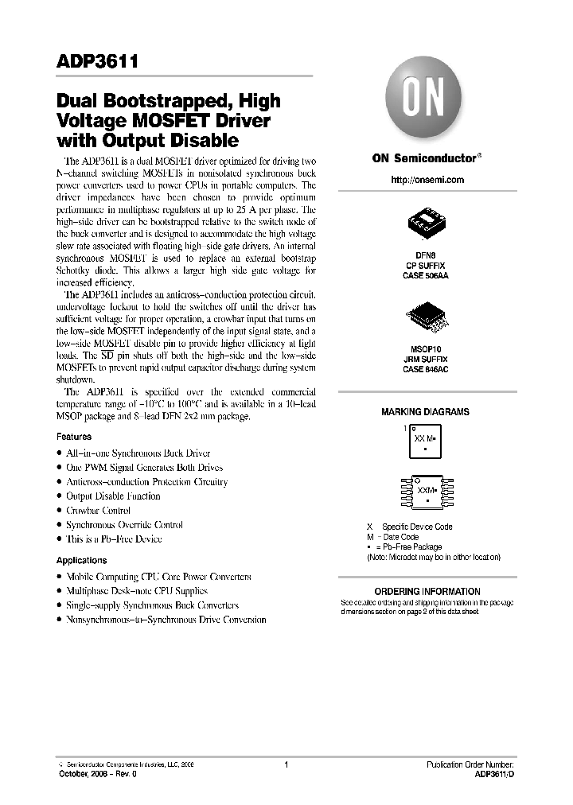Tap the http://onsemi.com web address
pyautogui.click(x=427, y=180)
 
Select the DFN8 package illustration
pyautogui.click(x=427, y=224)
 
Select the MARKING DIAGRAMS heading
pyautogui.click(x=425, y=412)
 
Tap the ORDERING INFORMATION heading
pyautogui.click(x=427, y=592)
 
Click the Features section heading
pyautogui.click(x=74, y=437)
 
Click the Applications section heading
pyautogui.click(x=81, y=561)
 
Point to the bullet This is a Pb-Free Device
pyautogui.click(x=114, y=539)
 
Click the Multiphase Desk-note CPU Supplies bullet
pyautogui.click(x=136, y=591)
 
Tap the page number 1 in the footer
pyautogui.click(x=286, y=764)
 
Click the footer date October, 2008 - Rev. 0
pyautogui.click(x=92, y=773)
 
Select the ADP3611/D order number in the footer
pyautogui.click(x=494, y=773)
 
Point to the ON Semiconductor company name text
pyautogui.click(x=423, y=157)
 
